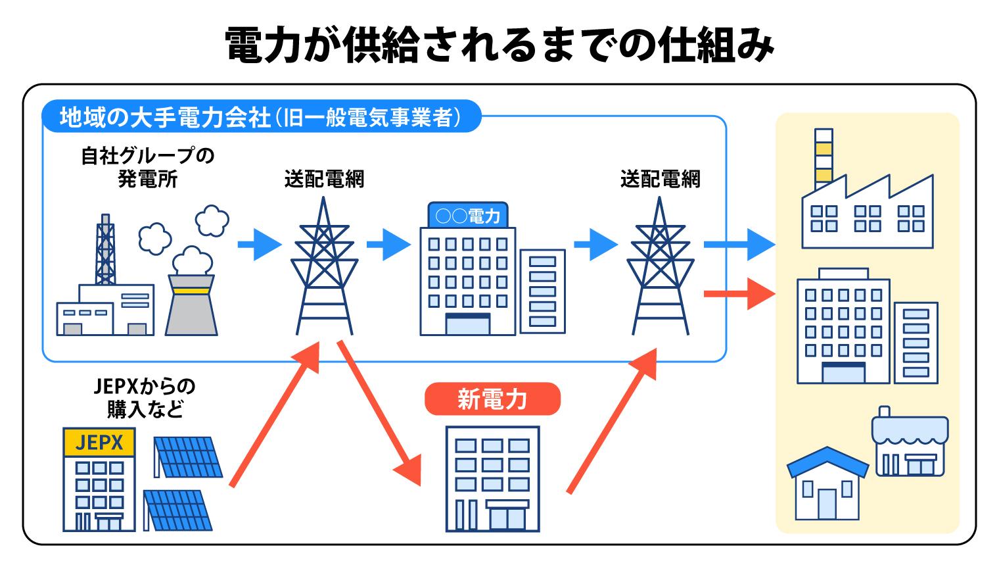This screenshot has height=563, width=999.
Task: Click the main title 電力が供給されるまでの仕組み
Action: pos(499,45)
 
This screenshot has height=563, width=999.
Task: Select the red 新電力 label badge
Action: pos(492,399)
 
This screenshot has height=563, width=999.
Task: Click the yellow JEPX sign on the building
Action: pos(99,443)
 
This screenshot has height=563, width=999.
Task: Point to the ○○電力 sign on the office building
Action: pos(467,215)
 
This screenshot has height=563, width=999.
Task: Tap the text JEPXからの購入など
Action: pos(145,398)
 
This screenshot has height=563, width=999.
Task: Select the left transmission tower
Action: pos(324,270)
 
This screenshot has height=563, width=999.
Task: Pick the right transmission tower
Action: pos(659,270)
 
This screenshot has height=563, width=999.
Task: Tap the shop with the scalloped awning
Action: pos(910,444)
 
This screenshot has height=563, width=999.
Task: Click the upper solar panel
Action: pos(187,457)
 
